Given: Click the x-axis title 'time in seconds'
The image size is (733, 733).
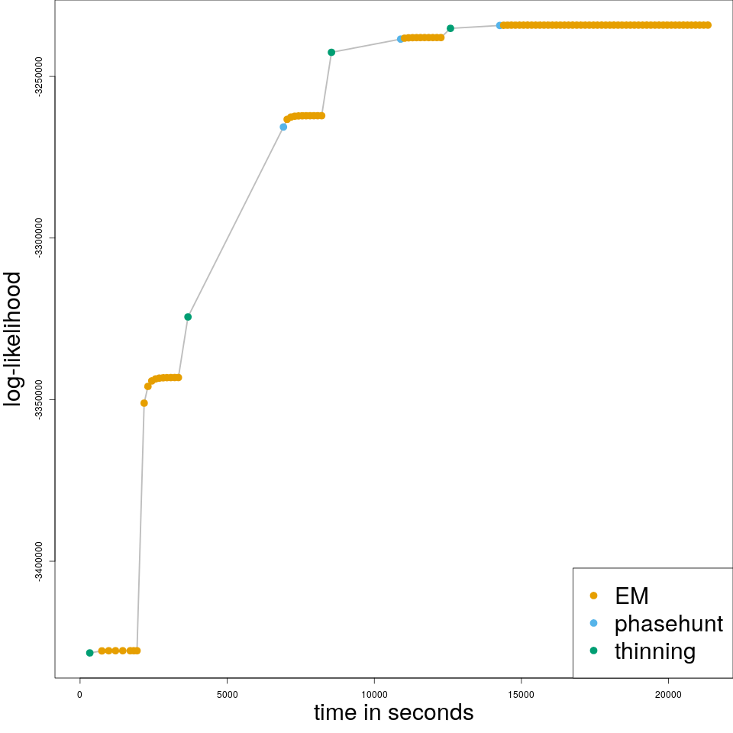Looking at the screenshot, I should click(x=393, y=713).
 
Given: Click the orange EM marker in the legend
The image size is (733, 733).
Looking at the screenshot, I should click(x=594, y=596).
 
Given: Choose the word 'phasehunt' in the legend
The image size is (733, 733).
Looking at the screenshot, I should click(x=668, y=624).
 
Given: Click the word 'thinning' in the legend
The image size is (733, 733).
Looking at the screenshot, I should click(x=655, y=651).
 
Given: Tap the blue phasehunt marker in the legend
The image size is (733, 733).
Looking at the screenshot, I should click(x=594, y=623).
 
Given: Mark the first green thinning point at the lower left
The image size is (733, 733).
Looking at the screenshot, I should click(x=90, y=653).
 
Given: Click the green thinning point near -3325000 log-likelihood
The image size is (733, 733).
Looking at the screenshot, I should click(x=188, y=317).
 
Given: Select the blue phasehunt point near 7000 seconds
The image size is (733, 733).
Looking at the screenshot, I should click(x=283, y=127).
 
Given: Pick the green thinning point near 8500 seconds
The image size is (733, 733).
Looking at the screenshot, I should click(x=331, y=52).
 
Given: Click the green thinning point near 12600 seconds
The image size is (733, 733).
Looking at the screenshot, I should click(x=450, y=28).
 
